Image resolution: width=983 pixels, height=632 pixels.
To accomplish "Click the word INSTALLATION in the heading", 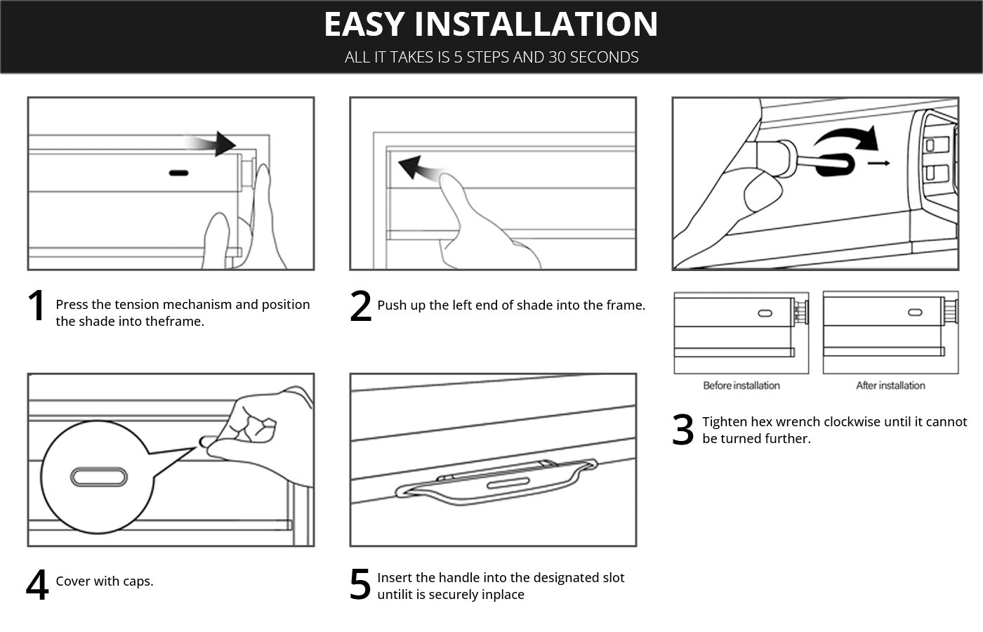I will point(536,24).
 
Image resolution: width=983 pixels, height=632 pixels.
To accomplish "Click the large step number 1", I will point(36,307).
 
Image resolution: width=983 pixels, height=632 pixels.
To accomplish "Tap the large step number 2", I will point(360,307).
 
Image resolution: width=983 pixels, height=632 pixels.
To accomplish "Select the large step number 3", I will point(682,430).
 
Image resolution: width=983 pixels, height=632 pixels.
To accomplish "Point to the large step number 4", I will point(37,585).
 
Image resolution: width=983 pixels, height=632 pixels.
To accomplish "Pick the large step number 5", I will point(359,585).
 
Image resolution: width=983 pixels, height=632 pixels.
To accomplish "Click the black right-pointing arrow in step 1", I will point(218,143).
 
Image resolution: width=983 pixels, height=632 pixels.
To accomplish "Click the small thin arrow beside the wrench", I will point(878,164).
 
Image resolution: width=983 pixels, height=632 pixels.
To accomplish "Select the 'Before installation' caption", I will point(741,386).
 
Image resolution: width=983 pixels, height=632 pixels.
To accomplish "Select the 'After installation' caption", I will point(890,386).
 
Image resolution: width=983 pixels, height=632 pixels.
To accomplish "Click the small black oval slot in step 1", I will point(178,172).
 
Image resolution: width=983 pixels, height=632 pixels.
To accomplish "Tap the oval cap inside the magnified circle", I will point(99,478).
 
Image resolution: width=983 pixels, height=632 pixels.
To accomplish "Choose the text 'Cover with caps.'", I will point(105,581).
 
